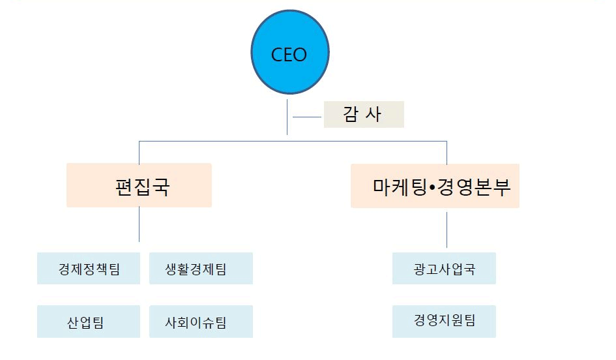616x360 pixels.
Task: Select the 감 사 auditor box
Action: click(364, 114)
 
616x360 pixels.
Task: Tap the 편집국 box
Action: click(139, 186)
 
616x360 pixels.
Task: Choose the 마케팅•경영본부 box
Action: click(435, 186)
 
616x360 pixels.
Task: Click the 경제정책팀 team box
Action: click(89, 269)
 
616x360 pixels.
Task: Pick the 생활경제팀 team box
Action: click(201, 269)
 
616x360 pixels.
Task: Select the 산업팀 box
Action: click(89, 322)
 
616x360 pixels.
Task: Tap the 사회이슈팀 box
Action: click(201, 322)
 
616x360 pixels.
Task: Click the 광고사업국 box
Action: click(444, 269)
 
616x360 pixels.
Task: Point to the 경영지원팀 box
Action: click(444, 321)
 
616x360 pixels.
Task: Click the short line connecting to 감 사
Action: click(307, 117)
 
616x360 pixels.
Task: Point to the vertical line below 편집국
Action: click(139, 224)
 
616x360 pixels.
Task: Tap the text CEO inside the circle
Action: click(288, 55)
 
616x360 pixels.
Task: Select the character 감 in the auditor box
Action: click(351, 114)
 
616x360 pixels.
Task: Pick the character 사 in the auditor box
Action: click(377, 114)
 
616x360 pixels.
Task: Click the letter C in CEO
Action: click(276, 55)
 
